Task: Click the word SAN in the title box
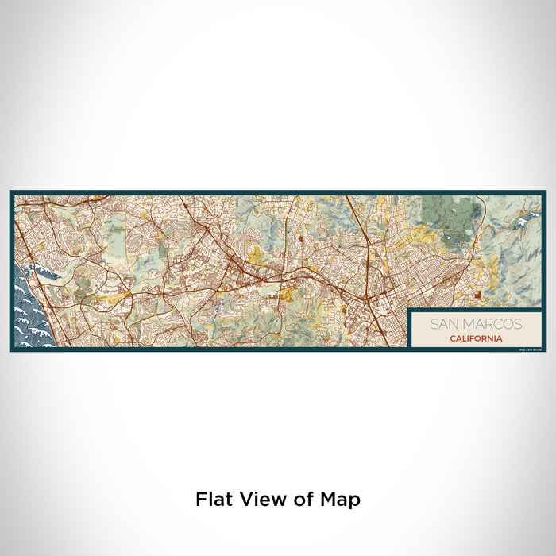[444, 324]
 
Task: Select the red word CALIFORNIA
[475, 338]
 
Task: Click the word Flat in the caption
[213, 500]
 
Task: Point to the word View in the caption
[259, 500]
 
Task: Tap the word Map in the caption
[339, 500]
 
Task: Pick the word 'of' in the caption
[302, 500]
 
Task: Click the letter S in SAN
[434, 324]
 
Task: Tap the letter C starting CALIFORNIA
[451, 338]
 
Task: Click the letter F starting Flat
[201, 500]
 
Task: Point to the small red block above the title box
[477, 295]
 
